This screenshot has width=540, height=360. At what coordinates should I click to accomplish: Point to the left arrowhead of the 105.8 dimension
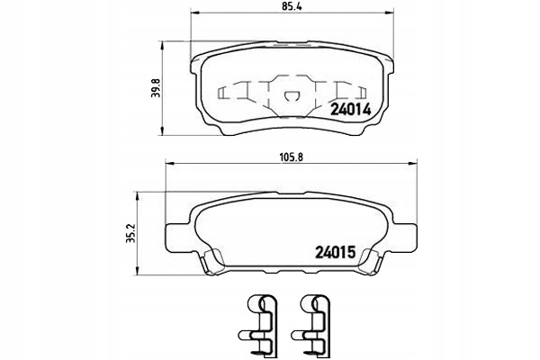point(170,164)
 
